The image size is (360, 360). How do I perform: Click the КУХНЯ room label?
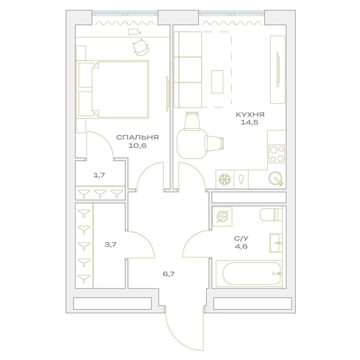[x=251, y=115]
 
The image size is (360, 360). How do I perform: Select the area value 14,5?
[x=251, y=122]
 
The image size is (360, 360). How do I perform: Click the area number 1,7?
[x=100, y=175]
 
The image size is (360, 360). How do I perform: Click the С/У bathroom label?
[x=240, y=239]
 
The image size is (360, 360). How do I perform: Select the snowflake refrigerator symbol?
[x=224, y=179]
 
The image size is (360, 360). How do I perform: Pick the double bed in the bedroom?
[x=119, y=89]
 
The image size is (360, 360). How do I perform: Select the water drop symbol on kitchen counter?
[x=241, y=179]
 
